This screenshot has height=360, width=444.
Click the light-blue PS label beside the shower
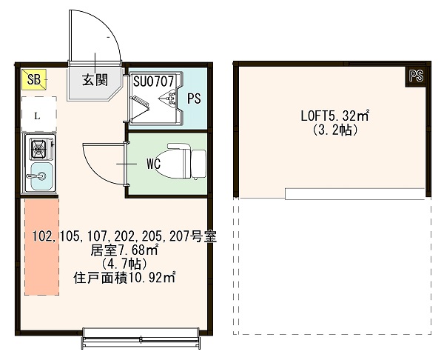coord(193,98)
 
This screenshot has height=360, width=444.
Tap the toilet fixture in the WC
coord(186,161)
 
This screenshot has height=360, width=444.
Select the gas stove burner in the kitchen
coord(37,149)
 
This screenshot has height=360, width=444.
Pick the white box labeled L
coord(38,115)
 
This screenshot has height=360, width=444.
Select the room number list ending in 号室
coord(124,236)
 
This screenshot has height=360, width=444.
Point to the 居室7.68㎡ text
coord(124,250)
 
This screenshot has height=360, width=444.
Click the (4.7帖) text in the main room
coord(124,264)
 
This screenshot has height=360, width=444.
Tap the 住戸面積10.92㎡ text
coord(124,278)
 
